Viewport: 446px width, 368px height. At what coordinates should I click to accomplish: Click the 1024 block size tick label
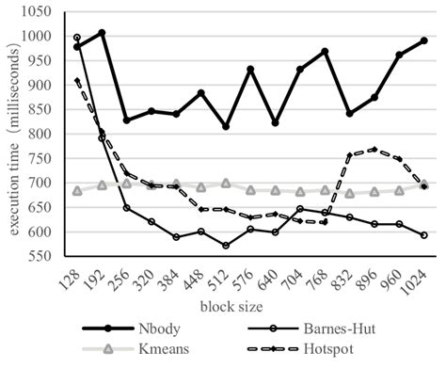click(421, 276)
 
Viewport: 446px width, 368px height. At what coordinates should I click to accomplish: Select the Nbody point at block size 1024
click(424, 40)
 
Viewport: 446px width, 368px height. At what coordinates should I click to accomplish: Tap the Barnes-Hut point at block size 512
click(226, 246)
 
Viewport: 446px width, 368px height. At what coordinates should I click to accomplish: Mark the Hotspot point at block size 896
click(374, 149)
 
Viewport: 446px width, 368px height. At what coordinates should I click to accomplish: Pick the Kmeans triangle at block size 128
click(77, 191)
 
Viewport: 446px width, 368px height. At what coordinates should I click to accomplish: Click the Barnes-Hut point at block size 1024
click(424, 235)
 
